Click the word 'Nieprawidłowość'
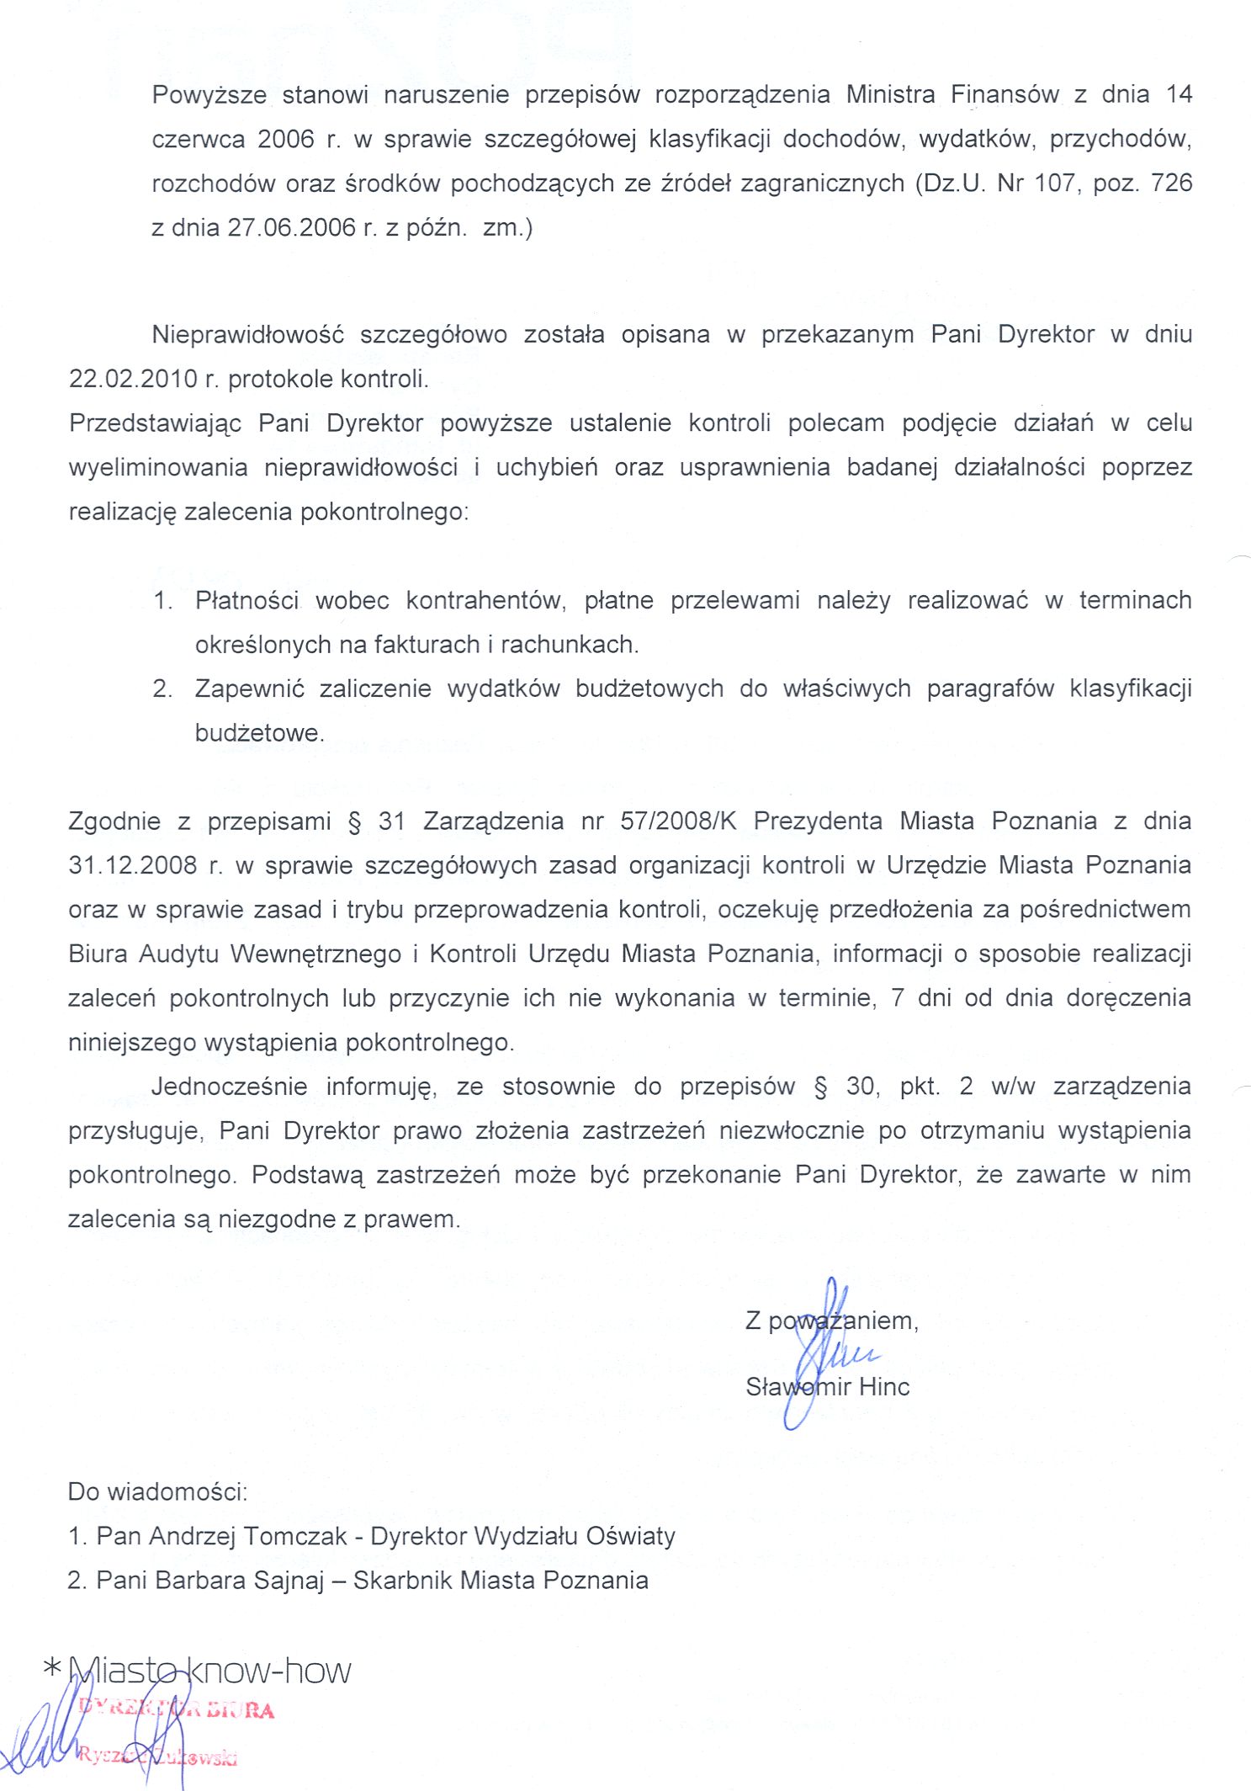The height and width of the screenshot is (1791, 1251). (248, 335)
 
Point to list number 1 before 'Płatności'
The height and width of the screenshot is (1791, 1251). (162, 601)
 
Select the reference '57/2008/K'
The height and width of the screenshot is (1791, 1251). (678, 821)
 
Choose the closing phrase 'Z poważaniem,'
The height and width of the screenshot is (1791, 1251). (831, 1321)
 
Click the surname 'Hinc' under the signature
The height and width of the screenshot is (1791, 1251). (884, 1386)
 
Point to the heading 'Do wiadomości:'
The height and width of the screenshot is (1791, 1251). (158, 1492)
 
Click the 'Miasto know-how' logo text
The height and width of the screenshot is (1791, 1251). (209, 1671)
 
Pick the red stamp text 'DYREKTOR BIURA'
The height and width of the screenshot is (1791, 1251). (176, 1709)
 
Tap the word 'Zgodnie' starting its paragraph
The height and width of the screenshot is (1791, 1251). (114, 821)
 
